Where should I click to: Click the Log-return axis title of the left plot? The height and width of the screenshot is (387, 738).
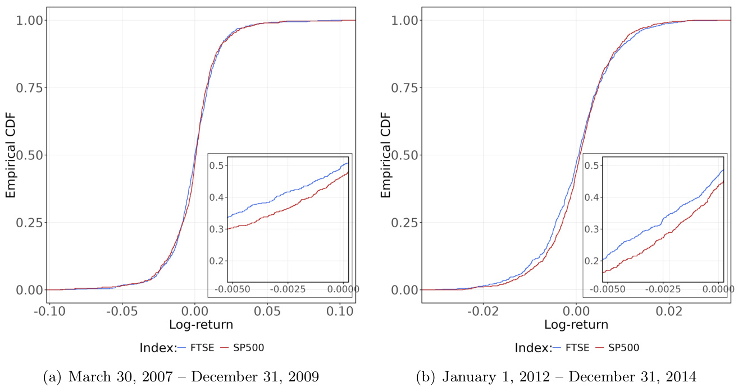coord(201,325)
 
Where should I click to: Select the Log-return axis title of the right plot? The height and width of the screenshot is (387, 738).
coord(576,325)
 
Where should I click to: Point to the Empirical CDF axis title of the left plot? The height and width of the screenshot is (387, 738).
coord(11,155)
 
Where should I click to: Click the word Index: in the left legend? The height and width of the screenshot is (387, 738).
coord(158,348)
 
